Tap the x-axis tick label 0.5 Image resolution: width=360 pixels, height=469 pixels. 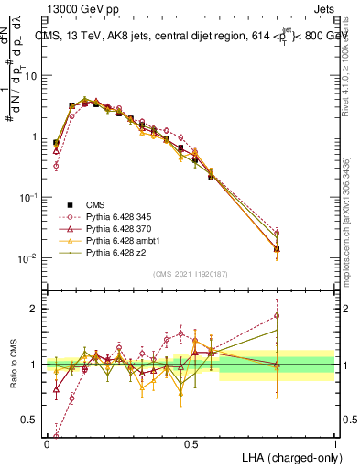(x=191, y=444)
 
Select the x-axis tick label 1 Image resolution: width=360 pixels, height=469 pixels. (x=334, y=444)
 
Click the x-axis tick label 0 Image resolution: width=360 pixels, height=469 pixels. (x=47, y=444)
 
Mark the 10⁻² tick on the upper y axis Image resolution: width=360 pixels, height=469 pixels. (x=30, y=258)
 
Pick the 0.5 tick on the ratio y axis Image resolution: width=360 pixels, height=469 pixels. (x=32, y=420)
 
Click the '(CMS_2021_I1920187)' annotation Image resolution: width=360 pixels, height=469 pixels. (x=190, y=274)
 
